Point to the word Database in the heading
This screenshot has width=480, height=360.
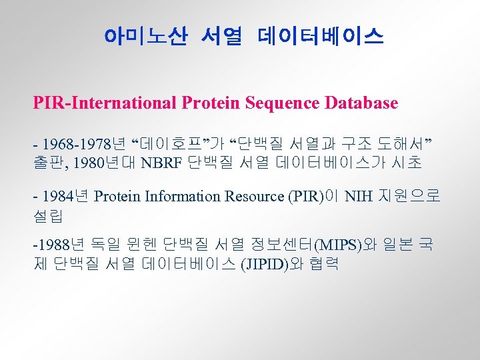(x=361, y=103)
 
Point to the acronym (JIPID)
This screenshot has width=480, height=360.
(x=265, y=263)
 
